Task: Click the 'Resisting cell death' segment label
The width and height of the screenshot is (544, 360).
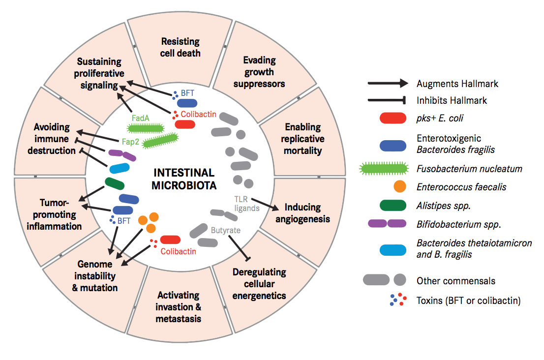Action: coord(181,47)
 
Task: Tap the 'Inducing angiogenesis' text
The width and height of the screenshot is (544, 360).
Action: coord(302,213)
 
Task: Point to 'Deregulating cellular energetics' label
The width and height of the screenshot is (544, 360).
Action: coord(259,284)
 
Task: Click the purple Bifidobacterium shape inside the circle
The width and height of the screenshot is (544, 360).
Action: coord(122,155)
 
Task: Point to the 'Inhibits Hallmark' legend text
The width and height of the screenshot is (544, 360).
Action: coord(452,100)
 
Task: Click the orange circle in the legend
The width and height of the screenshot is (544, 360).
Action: coord(400,187)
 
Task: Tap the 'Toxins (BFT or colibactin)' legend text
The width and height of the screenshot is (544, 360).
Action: coord(468,300)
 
